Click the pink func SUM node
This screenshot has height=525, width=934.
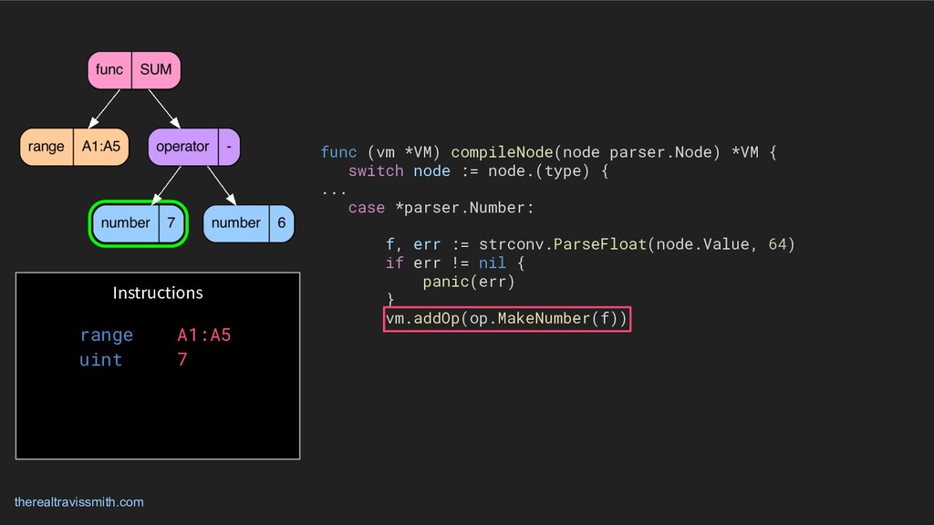coord(133,70)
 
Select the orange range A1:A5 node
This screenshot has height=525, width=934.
coord(74,147)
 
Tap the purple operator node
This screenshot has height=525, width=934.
coord(194,147)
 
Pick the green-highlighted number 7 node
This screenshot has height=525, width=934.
coord(139,223)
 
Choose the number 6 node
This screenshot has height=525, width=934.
coord(249,223)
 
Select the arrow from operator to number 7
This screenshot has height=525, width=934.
coord(168,185)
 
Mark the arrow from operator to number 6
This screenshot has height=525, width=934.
coord(223,185)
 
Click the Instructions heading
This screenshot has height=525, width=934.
coord(158,293)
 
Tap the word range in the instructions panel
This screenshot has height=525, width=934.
coord(106,335)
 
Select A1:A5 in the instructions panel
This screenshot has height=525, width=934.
coord(204,335)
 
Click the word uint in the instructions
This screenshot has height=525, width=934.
coord(100,360)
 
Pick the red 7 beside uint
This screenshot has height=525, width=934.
coord(182,360)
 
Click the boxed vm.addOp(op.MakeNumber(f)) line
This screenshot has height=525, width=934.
coord(507,319)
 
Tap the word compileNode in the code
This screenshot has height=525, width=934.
coord(501,152)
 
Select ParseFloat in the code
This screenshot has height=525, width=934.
coord(599,244)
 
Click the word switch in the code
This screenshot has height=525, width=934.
coord(376,171)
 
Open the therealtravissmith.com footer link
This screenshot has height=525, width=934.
coord(79,502)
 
